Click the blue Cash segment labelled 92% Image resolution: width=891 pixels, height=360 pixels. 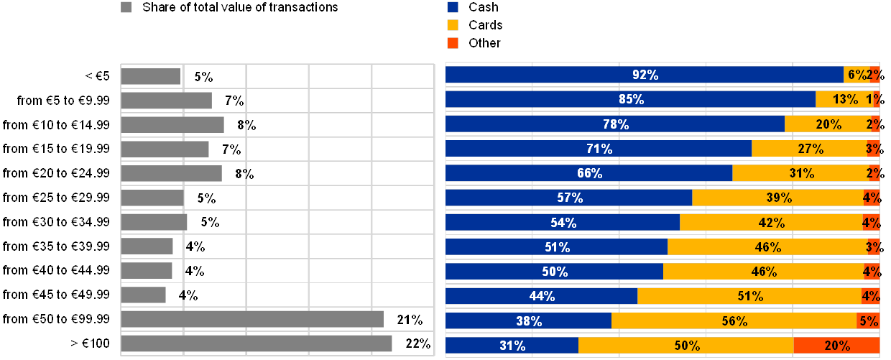pos(645,75)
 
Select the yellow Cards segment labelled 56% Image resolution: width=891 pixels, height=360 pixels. pos(734,320)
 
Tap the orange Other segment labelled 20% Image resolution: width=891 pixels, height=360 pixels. pos(836,345)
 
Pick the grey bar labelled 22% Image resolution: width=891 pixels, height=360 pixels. pos(257,343)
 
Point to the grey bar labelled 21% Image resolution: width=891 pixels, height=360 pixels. pos(252,319)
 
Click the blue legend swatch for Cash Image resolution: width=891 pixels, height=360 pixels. pos(453,7)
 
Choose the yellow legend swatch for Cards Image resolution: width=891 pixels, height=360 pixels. pos(453,25)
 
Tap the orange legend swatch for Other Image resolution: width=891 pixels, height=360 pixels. pos(453,43)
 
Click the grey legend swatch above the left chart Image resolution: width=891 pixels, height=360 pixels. pos(126,7)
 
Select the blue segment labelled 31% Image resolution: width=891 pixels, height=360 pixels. pos(512,345)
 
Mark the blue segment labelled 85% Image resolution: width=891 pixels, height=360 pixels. pos(630,99)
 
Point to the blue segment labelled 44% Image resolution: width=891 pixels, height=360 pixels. pos(542,296)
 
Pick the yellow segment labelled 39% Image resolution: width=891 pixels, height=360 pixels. pos(777,198)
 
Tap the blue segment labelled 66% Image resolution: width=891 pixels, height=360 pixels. pos(589,173)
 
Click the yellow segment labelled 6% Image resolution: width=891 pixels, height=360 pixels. pos(856,75)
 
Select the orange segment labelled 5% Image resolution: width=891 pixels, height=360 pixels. pos(868,320)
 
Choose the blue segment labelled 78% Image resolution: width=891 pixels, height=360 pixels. pos(615,124)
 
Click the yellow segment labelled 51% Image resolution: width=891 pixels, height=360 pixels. pos(749,296)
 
